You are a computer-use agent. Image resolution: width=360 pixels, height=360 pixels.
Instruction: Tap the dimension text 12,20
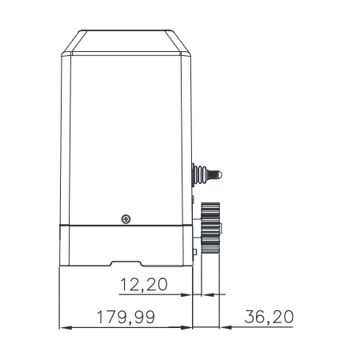coord(144,284)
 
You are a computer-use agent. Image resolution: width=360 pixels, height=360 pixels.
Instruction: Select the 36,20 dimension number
coord(268,317)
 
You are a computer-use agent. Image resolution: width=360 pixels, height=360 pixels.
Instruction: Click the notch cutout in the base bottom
coord(127,263)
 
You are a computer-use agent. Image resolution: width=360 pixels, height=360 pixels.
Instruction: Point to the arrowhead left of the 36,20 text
coord(225,327)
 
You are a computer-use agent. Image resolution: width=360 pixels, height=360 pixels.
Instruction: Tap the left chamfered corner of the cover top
coord(71,44)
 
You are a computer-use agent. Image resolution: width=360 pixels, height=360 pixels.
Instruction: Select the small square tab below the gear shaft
coord(196,254)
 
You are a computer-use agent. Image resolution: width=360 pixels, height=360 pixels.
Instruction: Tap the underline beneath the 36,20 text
coord(260,327)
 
